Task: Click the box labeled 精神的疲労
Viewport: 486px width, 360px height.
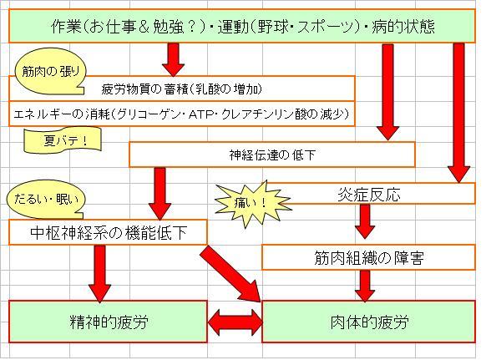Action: click(x=108, y=322)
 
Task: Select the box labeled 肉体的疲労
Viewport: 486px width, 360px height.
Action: click(x=368, y=322)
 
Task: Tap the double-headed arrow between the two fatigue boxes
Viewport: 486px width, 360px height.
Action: click(x=235, y=322)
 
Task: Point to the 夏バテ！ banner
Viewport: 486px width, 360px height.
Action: click(x=63, y=141)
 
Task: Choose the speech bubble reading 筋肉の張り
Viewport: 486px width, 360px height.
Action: click(x=50, y=74)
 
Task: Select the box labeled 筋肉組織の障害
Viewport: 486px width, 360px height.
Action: click(x=368, y=257)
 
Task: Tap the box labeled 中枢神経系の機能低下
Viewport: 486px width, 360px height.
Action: click(x=108, y=232)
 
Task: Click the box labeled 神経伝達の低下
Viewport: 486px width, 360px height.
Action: click(x=272, y=155)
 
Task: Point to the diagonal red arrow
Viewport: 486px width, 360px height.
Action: click(x=232, y=273)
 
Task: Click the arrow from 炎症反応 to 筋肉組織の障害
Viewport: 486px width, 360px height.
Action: click(x=365, y=221)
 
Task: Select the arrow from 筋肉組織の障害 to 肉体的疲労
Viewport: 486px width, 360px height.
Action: click(x=365, y=286)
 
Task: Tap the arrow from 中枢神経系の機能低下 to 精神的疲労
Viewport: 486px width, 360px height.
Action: click(x=99, y=273)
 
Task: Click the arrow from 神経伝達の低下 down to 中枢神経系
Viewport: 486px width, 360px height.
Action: click(x=159, y=194)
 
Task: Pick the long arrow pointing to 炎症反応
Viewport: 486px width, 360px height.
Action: click(x=459, y=113)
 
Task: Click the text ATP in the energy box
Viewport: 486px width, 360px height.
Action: click(x=200, y=114)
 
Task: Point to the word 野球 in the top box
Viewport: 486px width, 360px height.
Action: click(x=271, y=26)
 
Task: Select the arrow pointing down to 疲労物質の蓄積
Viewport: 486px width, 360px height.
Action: click(x=173, y=59)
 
